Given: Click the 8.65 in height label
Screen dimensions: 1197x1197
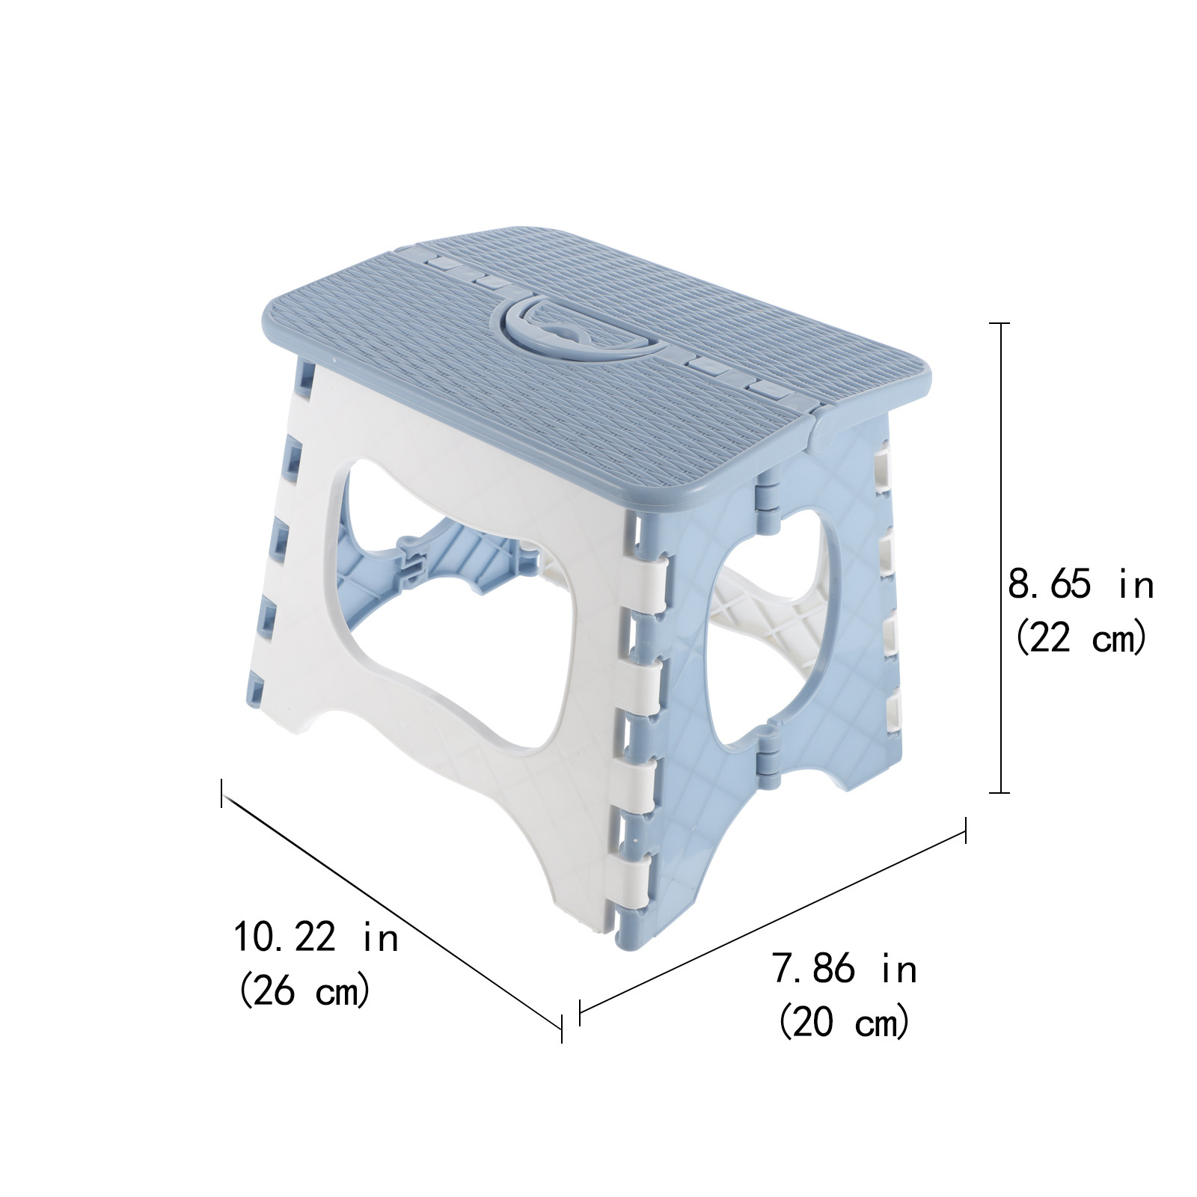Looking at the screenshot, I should coord(1080,584).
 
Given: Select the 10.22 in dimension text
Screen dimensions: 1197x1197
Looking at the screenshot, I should coord(316,937).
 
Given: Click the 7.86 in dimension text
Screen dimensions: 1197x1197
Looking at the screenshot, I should coord(844,970).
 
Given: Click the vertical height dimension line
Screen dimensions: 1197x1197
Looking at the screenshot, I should coord(999,557).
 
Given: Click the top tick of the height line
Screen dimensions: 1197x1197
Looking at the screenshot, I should coord(999,323).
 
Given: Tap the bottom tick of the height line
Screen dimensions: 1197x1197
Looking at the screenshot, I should coord(999,792).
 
